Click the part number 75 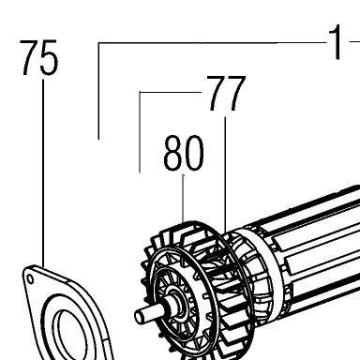(39, 57)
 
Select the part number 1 (336, 42)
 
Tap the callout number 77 (226, 93)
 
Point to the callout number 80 (184, 153)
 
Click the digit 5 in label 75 (50, 58)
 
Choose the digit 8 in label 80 (173, 153)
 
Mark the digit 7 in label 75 (29, 57)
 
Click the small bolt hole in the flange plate (30, 278)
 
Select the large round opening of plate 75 (69, 335)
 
